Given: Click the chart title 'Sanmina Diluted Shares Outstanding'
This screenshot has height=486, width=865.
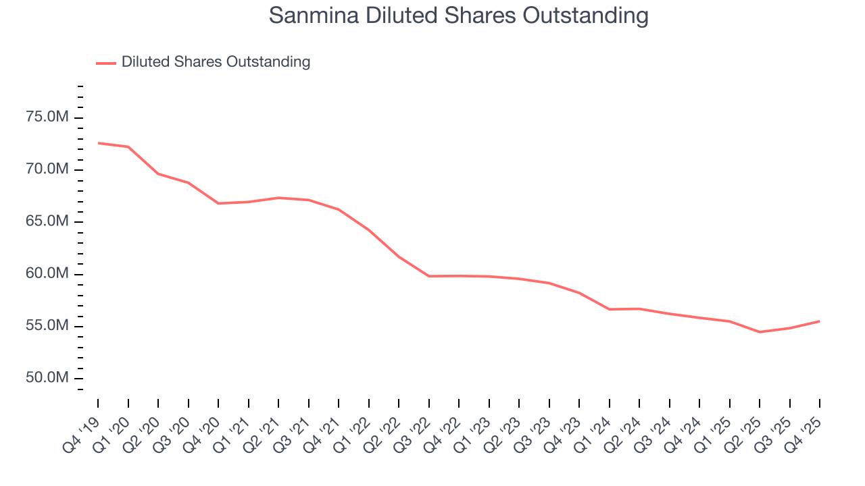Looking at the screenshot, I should point(458,16).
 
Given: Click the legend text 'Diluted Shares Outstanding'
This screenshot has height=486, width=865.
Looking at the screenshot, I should point(216,62).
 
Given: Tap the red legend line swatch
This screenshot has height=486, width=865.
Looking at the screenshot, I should point(106,63).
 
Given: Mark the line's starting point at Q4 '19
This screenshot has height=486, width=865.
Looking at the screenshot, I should point(98,143).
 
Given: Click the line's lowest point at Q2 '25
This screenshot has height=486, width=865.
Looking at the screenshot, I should point(760,332).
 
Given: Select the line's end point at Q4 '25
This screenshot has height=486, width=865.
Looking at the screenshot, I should point(820,321).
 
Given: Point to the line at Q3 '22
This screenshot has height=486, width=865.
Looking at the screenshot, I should point(429,276).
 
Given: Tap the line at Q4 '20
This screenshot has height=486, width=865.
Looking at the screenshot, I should point(218,203).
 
